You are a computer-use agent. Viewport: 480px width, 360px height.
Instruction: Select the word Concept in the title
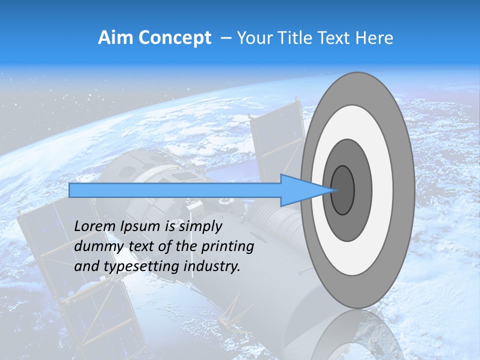coord(174,38)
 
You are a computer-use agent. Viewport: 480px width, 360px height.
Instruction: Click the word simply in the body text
coord(200,226)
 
